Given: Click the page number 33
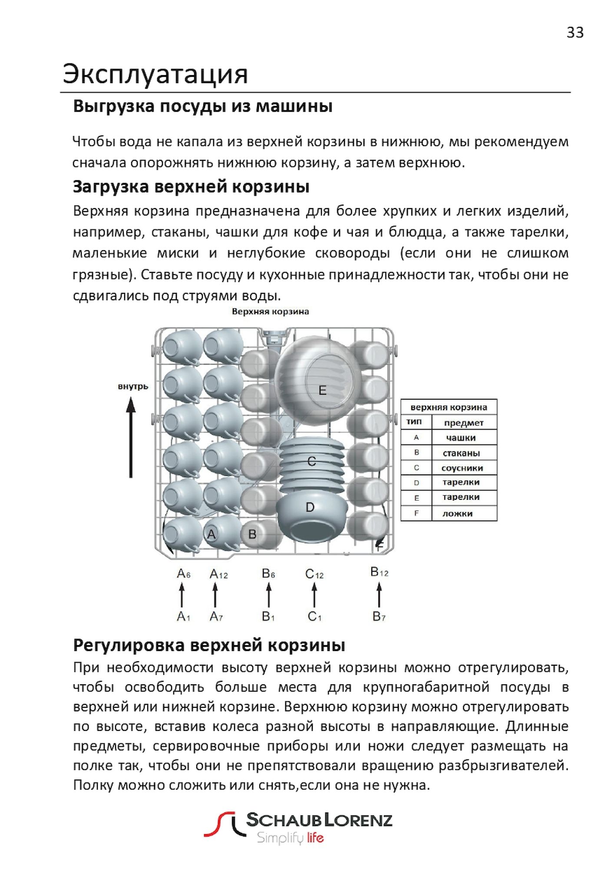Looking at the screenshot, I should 575,33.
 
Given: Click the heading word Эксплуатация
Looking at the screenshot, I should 155,74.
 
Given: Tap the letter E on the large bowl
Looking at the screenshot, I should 322,391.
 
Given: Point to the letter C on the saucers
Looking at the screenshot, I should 311,461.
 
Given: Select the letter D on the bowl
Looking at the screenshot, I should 310,507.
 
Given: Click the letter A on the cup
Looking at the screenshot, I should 211,534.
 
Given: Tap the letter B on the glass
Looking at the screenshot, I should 252,534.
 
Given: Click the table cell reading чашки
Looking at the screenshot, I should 461,438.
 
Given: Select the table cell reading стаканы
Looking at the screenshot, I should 461,453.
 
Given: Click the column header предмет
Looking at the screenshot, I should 463,423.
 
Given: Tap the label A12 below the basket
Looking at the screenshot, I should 218,574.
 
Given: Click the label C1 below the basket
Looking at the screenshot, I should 314,616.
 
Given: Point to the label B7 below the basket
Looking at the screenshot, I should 379,616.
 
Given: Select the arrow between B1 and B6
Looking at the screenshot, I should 269,595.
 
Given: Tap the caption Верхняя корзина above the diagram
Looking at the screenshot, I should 270,312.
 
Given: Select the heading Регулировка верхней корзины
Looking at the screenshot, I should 209,645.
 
